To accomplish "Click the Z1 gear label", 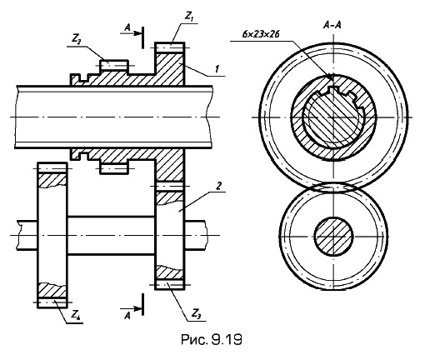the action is (189, 17).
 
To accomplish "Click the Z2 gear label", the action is (77, 40).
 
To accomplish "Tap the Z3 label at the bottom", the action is (196, 314).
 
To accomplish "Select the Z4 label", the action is (75, 315).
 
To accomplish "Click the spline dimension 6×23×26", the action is (261, 34).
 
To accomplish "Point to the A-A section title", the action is (332, 25).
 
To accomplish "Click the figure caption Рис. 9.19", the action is (212, 339).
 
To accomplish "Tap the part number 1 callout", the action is (217, 68).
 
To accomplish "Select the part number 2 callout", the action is (218, 186).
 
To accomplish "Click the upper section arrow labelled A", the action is (131, 33).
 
